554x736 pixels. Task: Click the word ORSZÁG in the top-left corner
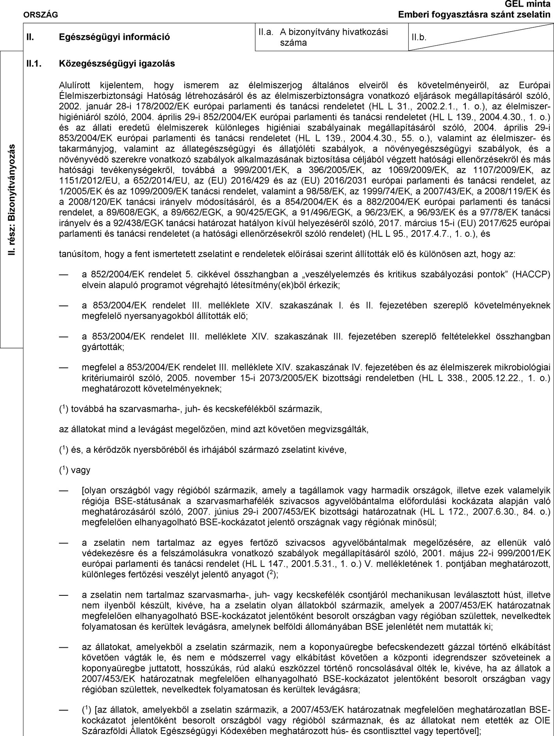tap(41, 15)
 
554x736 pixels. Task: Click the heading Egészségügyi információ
tap(114, 38)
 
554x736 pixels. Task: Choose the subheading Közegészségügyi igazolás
tap(117, 63)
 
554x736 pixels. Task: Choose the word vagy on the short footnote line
tap(81, 470)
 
